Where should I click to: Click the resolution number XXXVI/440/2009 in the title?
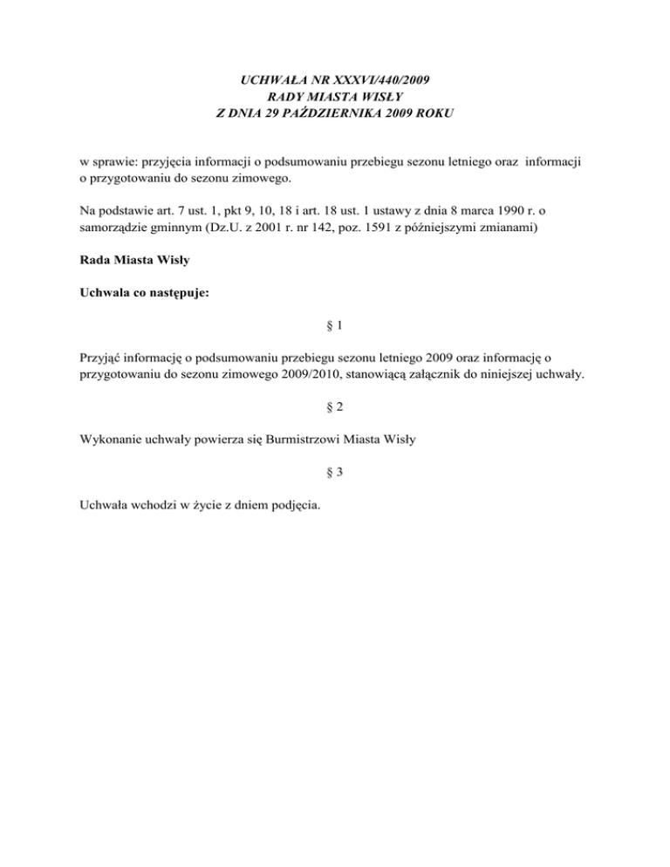coord(375,80)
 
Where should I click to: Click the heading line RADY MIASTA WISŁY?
coord(334,96)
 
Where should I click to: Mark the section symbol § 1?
coord(334,327)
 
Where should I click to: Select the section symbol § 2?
coord(334,407)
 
